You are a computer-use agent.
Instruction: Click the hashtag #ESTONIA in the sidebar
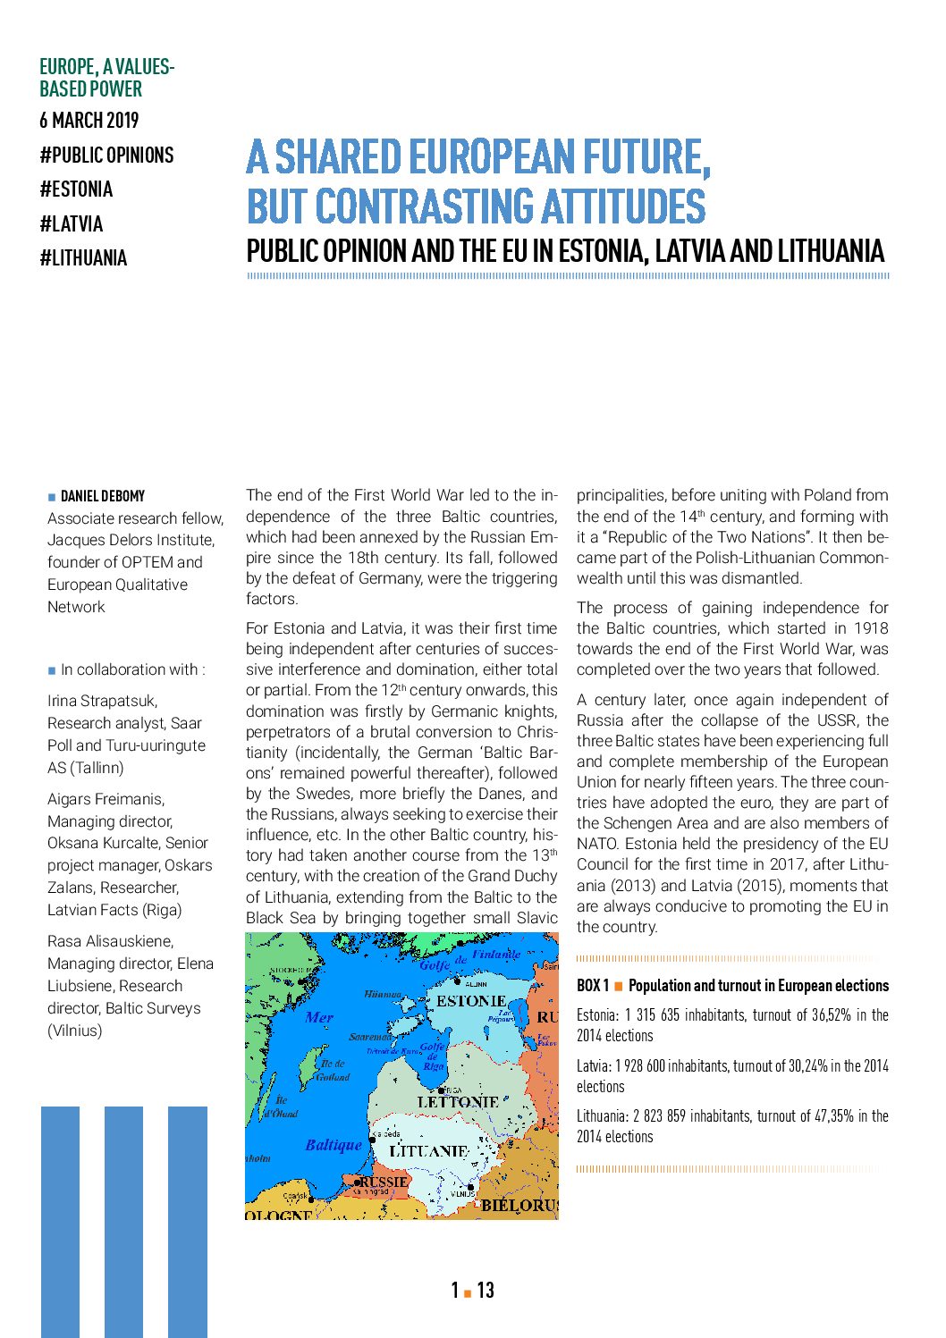click(x=76, y=189)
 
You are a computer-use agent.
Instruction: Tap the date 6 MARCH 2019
click(x=89, y=121)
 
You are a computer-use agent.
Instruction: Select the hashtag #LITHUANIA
click(x=83, y=258)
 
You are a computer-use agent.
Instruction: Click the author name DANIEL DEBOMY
click(x=103, y=496)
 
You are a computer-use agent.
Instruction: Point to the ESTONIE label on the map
click(x=471, y=1001)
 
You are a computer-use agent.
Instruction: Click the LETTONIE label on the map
click(x=458, y=1102)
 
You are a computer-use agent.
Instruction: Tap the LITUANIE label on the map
click(x=429, y=1151)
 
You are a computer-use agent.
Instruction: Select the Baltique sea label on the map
click(x=334, y=1145)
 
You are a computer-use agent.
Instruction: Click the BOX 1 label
click(x=593, y=986)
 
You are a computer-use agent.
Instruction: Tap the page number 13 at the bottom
click(x=486, y=1290)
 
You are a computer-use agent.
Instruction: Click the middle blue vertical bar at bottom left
click(x=123, y=1220)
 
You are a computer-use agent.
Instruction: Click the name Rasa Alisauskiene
click(x=110, y=941)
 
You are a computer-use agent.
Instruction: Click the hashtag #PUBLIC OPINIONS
click(x=106, y=156)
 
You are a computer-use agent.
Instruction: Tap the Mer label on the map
click(x=319, y=1017)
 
